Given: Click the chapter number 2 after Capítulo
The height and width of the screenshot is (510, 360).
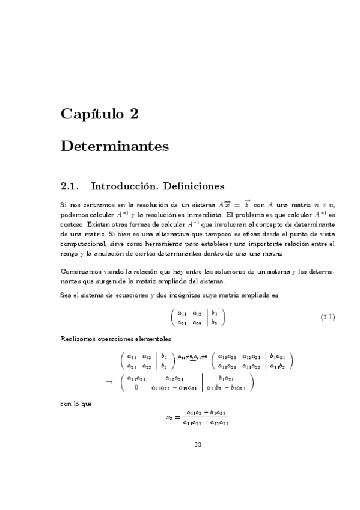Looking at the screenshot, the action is (135, 114).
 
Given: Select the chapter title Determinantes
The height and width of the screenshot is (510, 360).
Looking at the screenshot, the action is (115, 146).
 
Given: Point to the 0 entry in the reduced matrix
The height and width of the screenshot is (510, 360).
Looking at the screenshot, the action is (136, 387).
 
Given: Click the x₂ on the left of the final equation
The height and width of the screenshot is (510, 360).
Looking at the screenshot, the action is (169, 416).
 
